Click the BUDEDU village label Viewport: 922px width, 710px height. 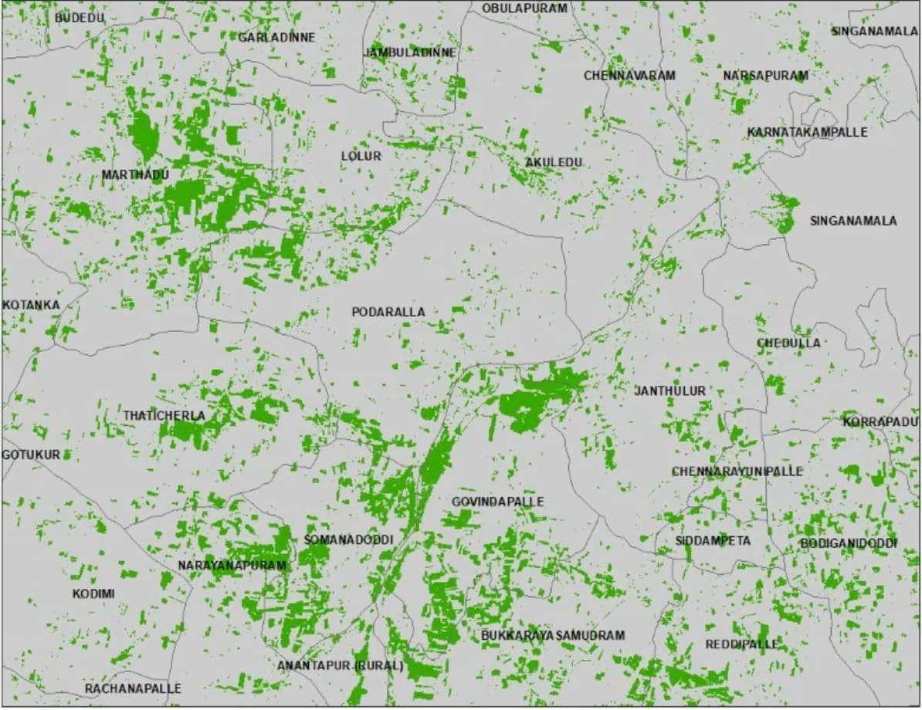point(80,17)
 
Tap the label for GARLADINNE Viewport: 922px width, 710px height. point(276,37)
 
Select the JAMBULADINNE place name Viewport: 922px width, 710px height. point(410,52)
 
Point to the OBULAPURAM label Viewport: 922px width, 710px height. point(524,8)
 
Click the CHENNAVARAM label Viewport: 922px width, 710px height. point(629,76)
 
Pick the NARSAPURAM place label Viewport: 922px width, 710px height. point(765,76)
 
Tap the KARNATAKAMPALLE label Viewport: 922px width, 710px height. point(807,132)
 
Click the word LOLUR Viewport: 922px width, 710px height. point(361,156)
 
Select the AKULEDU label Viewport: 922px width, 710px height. point(553,162)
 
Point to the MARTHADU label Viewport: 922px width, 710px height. point(135,175)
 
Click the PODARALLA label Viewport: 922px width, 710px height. point(388,312)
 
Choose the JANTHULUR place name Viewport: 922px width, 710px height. point(670,391)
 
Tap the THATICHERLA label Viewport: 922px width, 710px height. point(164,416)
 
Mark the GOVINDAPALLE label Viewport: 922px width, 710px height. point(498,502)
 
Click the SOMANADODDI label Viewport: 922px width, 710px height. point(349,539)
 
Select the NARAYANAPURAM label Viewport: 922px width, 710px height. point(232,566)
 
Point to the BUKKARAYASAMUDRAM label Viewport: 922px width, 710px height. point(553,635)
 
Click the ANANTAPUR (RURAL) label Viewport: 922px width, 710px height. point(341,665)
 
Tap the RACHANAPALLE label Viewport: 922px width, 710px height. point(133,688)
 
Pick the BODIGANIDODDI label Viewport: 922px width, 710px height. point(849,543)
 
